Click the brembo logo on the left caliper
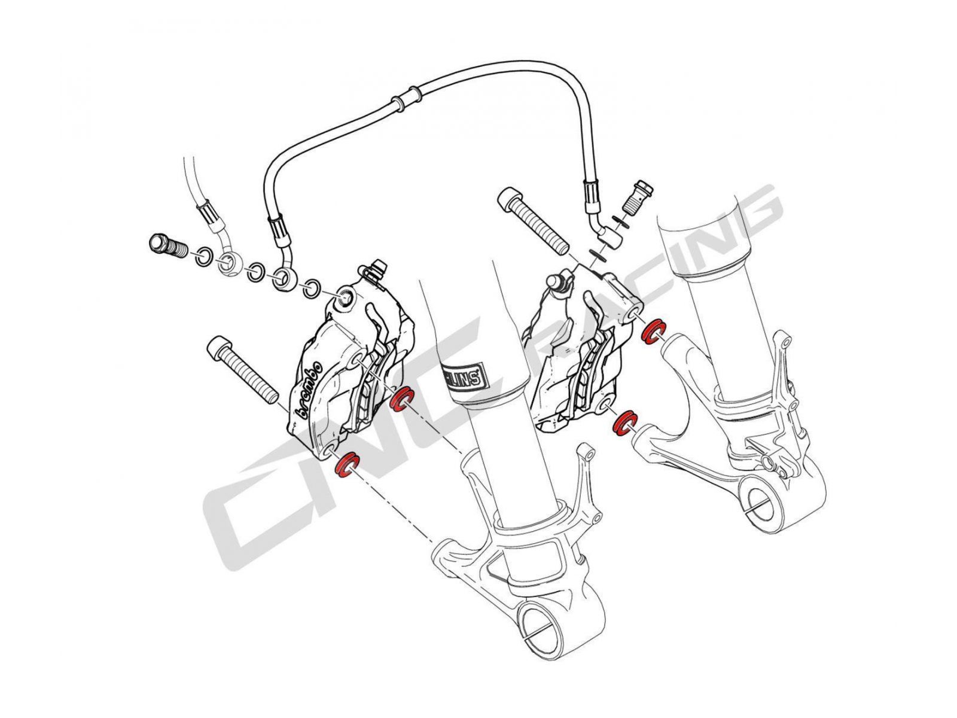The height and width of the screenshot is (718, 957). pos(309,388)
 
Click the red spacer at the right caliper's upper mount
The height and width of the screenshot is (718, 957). pos(653,331)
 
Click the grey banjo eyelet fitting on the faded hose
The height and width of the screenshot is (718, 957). pos(228,263)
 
